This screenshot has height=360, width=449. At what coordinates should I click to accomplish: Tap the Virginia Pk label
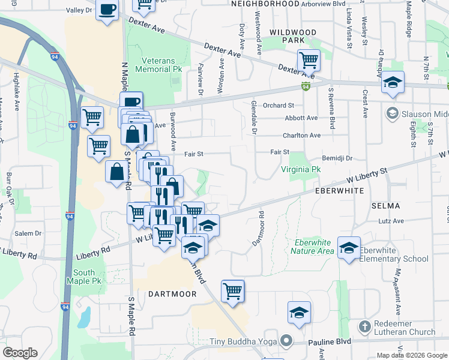tap(301, 170)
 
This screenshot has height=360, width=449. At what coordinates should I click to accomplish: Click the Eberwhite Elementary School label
tap(394, 254)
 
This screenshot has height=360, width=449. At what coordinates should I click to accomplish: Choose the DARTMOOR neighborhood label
tap(172, 294)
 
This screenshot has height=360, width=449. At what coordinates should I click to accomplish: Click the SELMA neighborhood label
tap(385, 206)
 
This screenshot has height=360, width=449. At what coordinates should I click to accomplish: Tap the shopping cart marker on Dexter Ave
tap(309, 60)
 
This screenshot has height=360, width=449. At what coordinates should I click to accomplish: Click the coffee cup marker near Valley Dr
tap(107, 10)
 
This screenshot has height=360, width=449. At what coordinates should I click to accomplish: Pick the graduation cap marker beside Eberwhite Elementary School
tap(349, 248)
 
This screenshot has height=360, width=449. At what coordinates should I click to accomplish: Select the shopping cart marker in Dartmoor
tap(232, 291)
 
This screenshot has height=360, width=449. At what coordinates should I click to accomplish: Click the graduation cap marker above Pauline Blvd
tap(298, 313)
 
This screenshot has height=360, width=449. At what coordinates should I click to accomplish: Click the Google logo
tap(20, 353)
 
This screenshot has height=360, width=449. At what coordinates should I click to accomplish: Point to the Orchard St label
tap(278, 106)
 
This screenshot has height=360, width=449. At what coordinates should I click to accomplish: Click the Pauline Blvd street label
tap(330, 342)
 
